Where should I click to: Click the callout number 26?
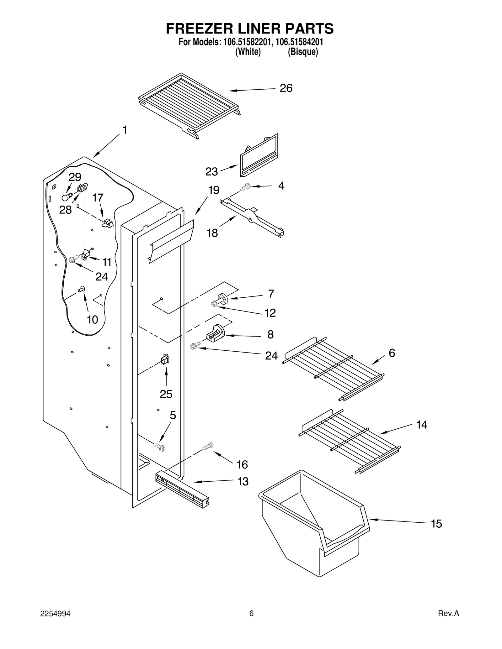click(286, 88)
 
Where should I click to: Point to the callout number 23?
click(211, 172)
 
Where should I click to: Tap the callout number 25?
click(166, 394)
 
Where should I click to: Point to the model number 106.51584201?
click(299, 42)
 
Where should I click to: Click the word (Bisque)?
click(303, 52)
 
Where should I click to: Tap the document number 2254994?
click(55, 614)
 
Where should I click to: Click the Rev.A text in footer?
click(448, 614)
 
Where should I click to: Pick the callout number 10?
click(93, 320)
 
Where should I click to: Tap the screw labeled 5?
click(160, 447)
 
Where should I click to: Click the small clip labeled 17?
click(108, 223)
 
